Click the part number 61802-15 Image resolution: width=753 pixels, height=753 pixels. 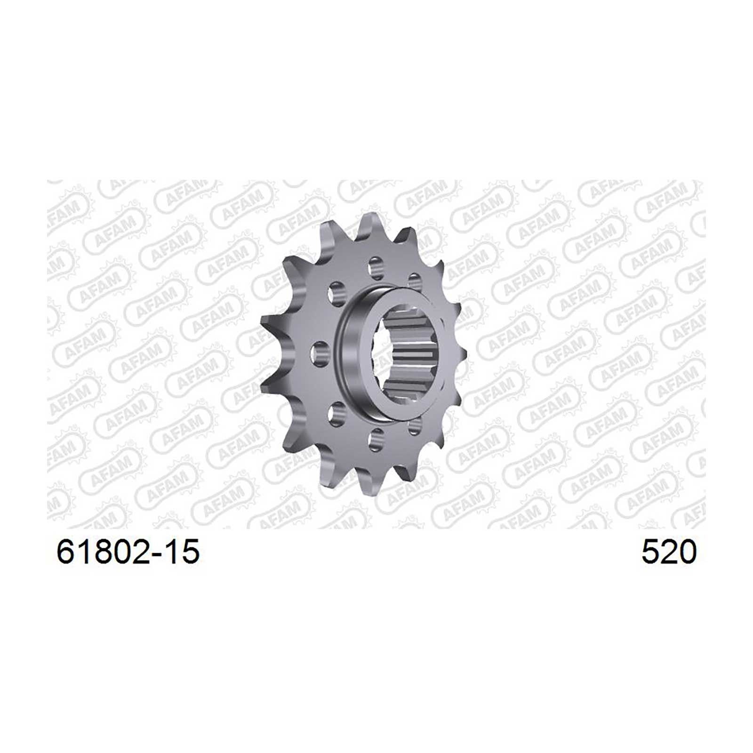pyautogui.click(x=128, y=552)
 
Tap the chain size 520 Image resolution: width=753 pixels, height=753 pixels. pyautogui.click(x=669, y=552)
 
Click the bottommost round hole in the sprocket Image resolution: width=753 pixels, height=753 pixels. pyautogui.click(x=376, y=441)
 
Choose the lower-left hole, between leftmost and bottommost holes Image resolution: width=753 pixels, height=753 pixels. pyautogui.click(x=337, y=415)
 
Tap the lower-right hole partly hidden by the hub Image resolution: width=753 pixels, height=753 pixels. pyautogui.click(x=414, y=426)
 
